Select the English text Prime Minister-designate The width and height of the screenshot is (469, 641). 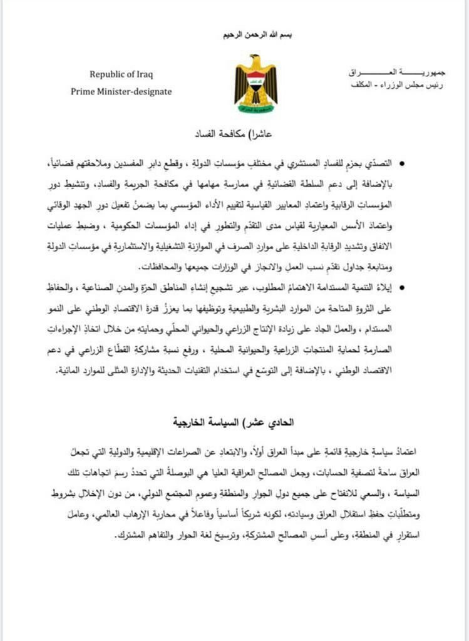pos(121,91)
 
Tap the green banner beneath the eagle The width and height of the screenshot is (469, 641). pos(255,108)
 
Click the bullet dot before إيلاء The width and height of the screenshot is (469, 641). pos(401,289)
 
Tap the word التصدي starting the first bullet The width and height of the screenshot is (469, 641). pos(377,163)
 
